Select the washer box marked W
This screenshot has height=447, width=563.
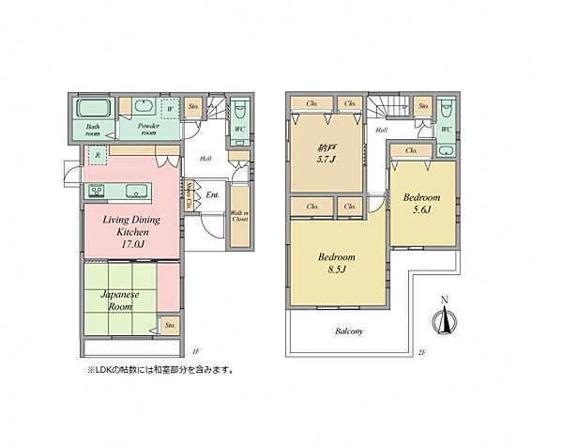[x=169, y=109]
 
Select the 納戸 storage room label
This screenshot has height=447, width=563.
[x=327, y=147]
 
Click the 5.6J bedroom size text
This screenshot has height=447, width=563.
[x=421, y=211]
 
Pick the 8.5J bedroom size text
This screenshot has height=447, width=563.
[x=334, y=270]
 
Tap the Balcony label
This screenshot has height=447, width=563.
[x=349, y=331]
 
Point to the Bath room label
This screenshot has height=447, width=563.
[x=92, y=130]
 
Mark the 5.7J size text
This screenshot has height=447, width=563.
[x=327, y=161]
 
